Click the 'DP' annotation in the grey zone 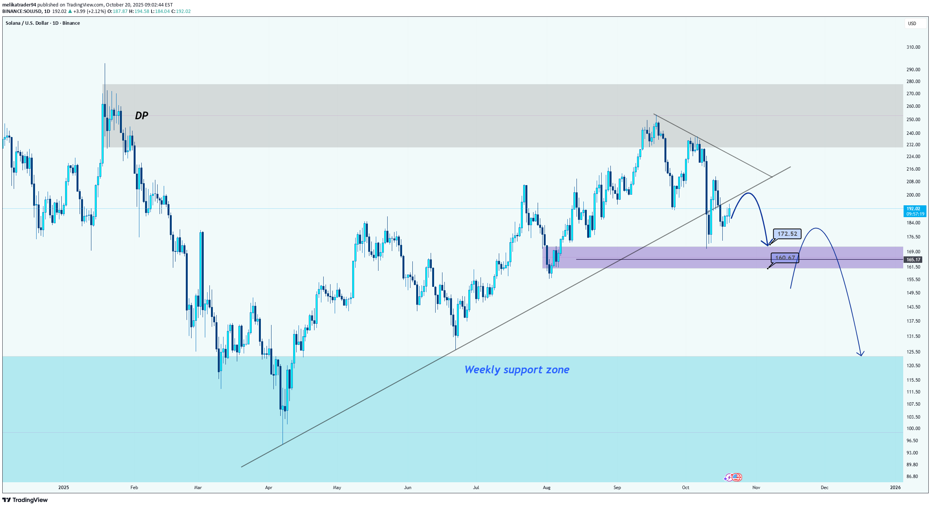141,115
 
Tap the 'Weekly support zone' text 517,369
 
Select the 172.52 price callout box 787,234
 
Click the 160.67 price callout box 784,258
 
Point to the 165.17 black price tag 913,260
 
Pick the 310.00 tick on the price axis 913,47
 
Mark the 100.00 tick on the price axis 913,429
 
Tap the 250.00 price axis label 913,120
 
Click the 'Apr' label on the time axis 268,488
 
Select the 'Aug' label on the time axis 546,488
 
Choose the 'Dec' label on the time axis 824,488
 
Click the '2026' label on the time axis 895,488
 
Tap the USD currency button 912,24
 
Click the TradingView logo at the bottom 25,500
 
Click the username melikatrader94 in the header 19,5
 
